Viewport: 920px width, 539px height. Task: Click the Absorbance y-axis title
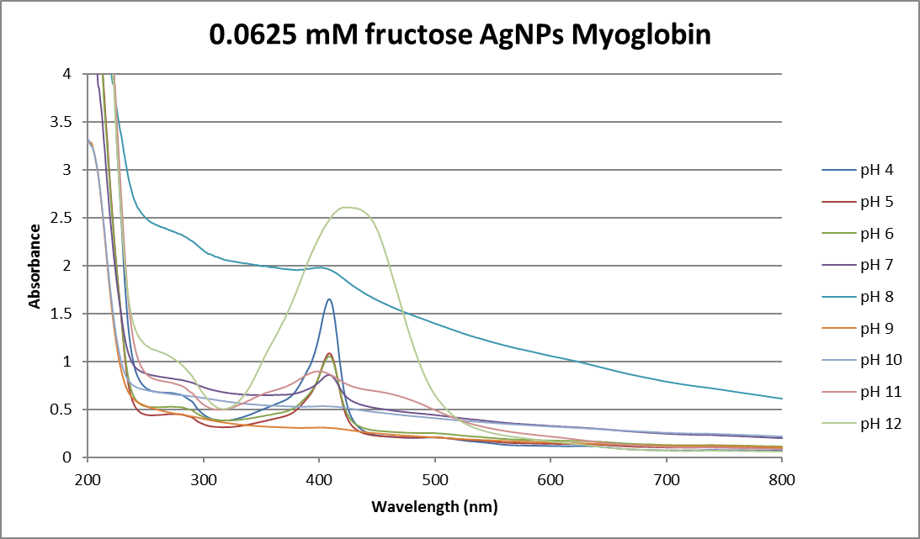[x=35, y=266]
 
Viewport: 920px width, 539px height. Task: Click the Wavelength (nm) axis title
[x=434, y=507]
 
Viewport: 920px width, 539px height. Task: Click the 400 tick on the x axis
[x=319, y=478]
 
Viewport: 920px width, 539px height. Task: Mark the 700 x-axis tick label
[x=667, y=478]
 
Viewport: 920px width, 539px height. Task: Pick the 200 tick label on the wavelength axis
[x=87, y=478]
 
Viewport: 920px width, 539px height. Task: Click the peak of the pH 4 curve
[x=329, y=299]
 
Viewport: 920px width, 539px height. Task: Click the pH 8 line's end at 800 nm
[x=782, y=399]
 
